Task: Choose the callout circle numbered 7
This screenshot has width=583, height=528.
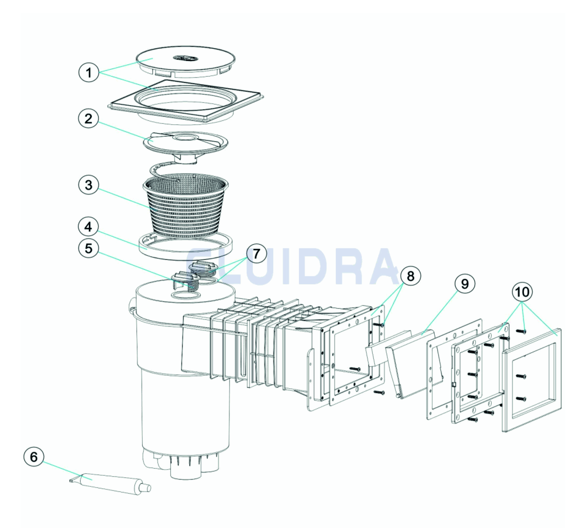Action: click(x=256, y=254)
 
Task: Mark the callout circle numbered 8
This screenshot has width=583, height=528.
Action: click(x=411, y=276)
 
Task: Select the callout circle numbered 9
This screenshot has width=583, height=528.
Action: click(x=465, y=284)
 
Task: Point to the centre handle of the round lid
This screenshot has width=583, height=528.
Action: click(x=186, y=59)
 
